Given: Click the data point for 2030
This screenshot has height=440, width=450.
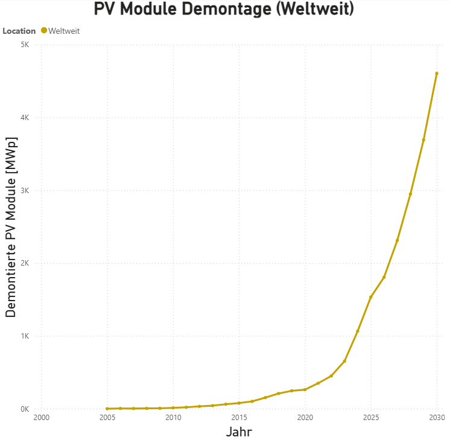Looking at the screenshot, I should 437,74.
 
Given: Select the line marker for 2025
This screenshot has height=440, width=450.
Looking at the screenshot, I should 371,297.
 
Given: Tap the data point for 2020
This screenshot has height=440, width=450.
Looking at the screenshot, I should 305,389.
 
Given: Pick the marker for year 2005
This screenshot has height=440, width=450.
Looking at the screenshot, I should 107,409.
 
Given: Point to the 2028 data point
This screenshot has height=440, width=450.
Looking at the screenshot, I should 410,194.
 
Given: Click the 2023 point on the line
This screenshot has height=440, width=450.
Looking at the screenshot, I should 344,361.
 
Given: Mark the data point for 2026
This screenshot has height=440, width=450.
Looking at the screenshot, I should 384,277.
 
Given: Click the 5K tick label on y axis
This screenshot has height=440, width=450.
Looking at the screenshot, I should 25,45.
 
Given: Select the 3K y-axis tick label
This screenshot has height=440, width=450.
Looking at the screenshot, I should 25,190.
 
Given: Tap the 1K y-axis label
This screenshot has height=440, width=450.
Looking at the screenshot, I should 25,336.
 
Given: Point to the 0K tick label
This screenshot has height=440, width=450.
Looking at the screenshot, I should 25,409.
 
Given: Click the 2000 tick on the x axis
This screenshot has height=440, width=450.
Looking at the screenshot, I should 41,418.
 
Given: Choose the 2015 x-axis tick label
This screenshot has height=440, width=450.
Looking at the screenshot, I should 239,418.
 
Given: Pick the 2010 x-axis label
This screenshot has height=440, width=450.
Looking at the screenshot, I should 173,418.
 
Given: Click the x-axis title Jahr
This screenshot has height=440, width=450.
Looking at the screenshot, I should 239,432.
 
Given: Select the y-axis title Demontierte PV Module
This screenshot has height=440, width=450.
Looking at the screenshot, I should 11,227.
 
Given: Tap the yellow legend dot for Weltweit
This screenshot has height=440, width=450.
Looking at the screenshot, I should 44,30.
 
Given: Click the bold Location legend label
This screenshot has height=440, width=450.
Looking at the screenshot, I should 19,31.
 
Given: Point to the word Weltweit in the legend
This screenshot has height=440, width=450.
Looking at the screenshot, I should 64,31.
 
